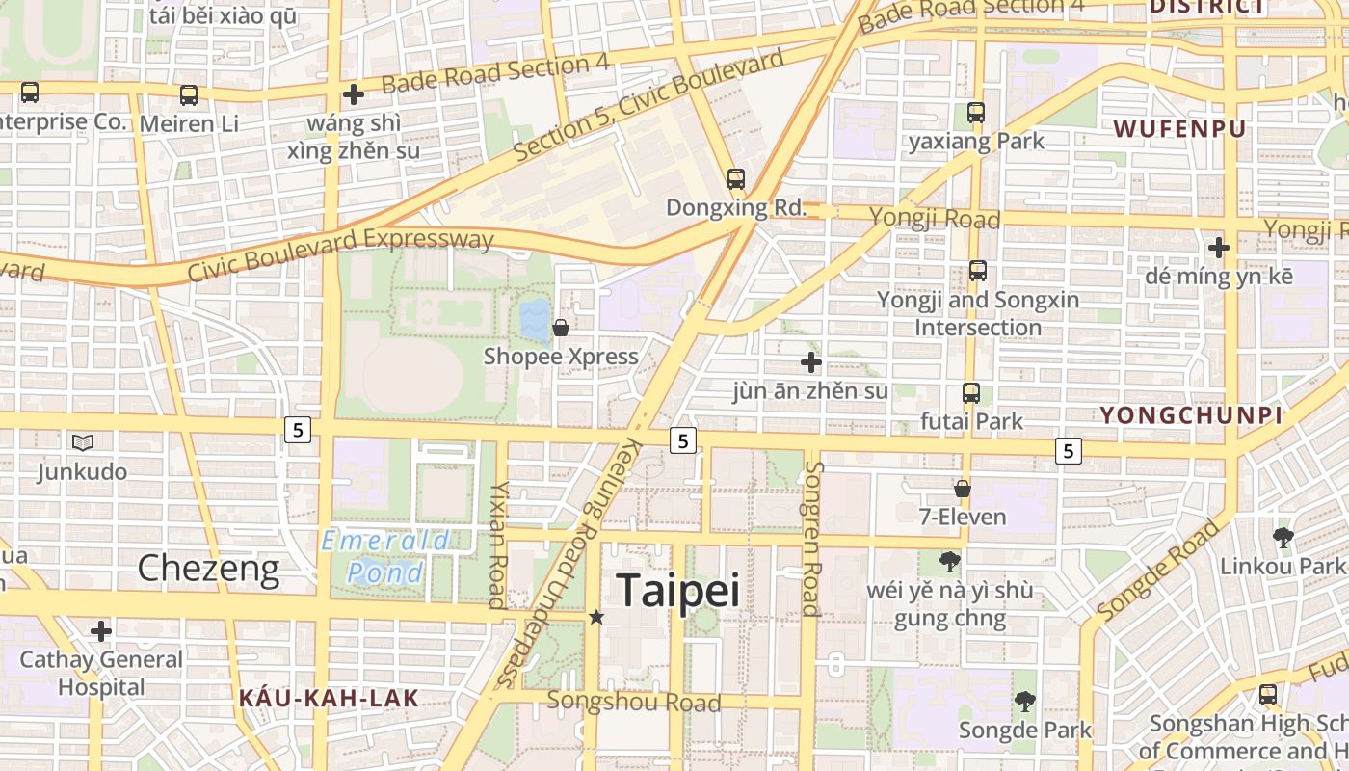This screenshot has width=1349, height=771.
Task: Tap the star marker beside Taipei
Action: pyautogui.click(x=596, y=617)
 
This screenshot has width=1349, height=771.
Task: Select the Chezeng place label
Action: pyautogui.click(x=208, y=569)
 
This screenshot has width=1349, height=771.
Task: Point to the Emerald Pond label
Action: pyautogui.click(x=385, y=557)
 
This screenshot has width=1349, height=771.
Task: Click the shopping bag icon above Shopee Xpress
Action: pyautogui.click(x=561, y=329)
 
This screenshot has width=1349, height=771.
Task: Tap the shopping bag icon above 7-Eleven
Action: pyautogui.click(x=962, y=489)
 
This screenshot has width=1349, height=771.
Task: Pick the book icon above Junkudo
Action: pyautogui.click(x=83, y=442)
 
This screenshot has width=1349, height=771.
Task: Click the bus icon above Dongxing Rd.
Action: pyautogui.click(x=736, y=179)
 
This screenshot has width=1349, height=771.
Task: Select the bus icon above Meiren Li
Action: pyautogui.click(x=189, y=95)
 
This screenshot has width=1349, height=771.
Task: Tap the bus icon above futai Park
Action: pyautogui.click(x=970, y=393)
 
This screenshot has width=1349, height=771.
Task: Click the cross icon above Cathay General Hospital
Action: pyautogui.click(x=101, y=631)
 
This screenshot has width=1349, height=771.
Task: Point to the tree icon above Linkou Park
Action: pyautogui.click(x=1282, y=538)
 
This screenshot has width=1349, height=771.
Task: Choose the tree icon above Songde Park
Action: pyautogui.click(x=1025, y=702)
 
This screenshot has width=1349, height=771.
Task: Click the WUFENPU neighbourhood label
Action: pyautogui.click(x=1179, y=129)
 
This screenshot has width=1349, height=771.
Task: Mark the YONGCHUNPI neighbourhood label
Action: pyautogui.click(x=1191, y=415)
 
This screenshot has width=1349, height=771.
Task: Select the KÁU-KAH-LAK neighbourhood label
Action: pyautogui.click(x=329, y=698)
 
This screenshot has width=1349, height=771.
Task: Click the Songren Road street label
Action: pyautogui.click(x=811, y=538)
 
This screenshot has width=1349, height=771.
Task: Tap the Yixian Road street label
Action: pyautogui.click(x=498, y=545)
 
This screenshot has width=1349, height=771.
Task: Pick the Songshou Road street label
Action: pyautogui.click(x=633, y=701)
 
